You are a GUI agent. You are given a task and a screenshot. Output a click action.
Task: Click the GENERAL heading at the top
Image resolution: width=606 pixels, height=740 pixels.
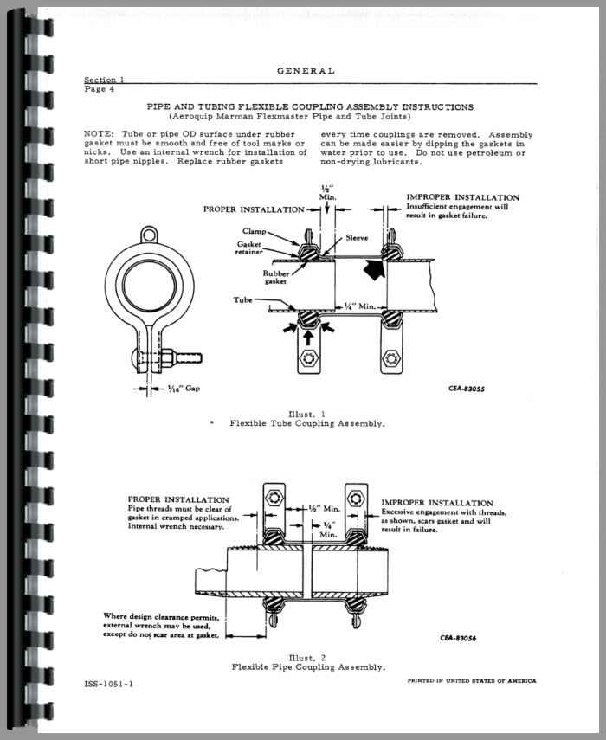[306, 71]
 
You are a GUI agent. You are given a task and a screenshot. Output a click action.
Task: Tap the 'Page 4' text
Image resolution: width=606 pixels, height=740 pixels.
[100, 88]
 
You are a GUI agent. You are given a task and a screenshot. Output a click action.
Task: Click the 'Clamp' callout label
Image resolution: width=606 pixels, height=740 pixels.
[255, 232]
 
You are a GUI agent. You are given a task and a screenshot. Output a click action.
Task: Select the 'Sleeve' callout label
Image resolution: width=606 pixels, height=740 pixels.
[358, 235]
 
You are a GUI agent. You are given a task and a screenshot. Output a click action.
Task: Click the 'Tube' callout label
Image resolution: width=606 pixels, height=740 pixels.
[243, 300]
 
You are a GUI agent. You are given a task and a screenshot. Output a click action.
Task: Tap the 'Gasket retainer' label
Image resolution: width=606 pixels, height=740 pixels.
[250, 248]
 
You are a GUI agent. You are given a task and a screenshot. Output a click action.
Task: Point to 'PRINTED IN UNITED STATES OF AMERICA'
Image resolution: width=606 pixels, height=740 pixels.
[471, 681]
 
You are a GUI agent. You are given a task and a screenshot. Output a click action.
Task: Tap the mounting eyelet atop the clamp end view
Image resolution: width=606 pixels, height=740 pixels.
[150, 234]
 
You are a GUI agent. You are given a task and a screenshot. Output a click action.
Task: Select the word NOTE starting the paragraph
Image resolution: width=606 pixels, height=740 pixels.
[100, 134]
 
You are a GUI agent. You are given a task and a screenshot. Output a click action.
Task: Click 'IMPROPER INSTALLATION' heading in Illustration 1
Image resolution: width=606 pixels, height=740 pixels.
[462, 197]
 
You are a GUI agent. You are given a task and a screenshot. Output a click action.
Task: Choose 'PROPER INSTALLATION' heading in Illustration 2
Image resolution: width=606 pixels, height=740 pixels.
[178, 499]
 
